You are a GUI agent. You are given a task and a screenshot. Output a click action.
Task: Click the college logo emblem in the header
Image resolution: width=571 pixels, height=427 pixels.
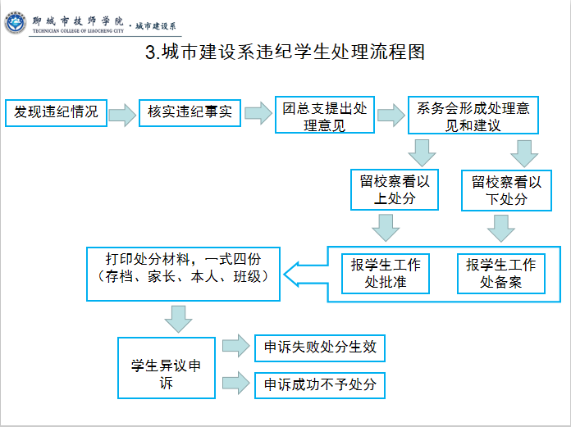tap(15, 23)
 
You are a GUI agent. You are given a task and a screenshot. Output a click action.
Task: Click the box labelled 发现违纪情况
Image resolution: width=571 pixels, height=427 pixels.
tap(56, 113)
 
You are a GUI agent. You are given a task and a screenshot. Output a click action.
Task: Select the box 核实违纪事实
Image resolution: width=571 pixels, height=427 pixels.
tap(190, 113)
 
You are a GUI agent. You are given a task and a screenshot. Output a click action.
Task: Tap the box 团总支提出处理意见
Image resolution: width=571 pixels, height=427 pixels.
tap(324, 115)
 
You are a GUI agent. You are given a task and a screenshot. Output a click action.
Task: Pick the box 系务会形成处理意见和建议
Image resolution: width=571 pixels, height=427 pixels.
tap(473, 115)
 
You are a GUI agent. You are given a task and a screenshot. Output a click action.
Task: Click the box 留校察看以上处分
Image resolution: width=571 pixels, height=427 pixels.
tap(395, 189)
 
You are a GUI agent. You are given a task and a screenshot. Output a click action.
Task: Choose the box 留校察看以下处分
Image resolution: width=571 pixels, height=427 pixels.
tap(506, 190)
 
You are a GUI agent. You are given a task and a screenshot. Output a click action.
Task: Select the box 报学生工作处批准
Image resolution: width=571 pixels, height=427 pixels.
tap(386, 274)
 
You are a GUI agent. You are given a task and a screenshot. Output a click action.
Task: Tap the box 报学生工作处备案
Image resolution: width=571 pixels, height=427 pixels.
tap(500, 274)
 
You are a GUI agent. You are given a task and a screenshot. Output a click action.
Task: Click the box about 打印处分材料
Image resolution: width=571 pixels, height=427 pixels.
tap(183, 274)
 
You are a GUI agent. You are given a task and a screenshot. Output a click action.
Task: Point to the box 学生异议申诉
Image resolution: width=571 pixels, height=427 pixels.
tap(167, 368)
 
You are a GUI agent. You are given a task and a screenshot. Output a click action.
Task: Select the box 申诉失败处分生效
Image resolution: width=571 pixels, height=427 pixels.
tap(320, 348)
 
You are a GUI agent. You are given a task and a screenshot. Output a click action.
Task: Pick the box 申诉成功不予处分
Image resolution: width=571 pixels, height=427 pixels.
tap(320, 385)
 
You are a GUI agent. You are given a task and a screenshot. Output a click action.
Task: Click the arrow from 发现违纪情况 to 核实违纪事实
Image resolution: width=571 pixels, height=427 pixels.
tap(123, 115)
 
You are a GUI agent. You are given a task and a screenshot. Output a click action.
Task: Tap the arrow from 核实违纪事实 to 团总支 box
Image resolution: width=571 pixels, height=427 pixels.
tap(258, 113)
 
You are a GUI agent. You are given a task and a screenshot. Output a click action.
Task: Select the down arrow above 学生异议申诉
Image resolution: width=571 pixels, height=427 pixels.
tap(179, 319)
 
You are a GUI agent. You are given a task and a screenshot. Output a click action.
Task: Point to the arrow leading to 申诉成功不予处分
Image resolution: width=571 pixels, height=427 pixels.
tap(236, 383)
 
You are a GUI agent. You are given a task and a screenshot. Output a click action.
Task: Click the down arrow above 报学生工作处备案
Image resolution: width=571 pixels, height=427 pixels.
tap(501, 229)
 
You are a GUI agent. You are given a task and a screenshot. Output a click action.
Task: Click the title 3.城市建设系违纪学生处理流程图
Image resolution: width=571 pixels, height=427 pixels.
tap(285, 52)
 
